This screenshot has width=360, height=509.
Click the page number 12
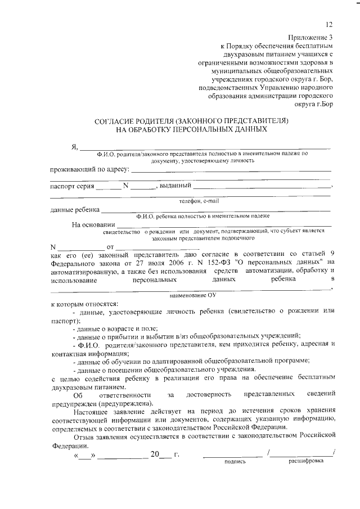[x=328, y=24]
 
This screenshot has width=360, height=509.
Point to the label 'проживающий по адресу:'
[x=90, y=169]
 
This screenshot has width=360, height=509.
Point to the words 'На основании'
[x=92, y=226]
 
